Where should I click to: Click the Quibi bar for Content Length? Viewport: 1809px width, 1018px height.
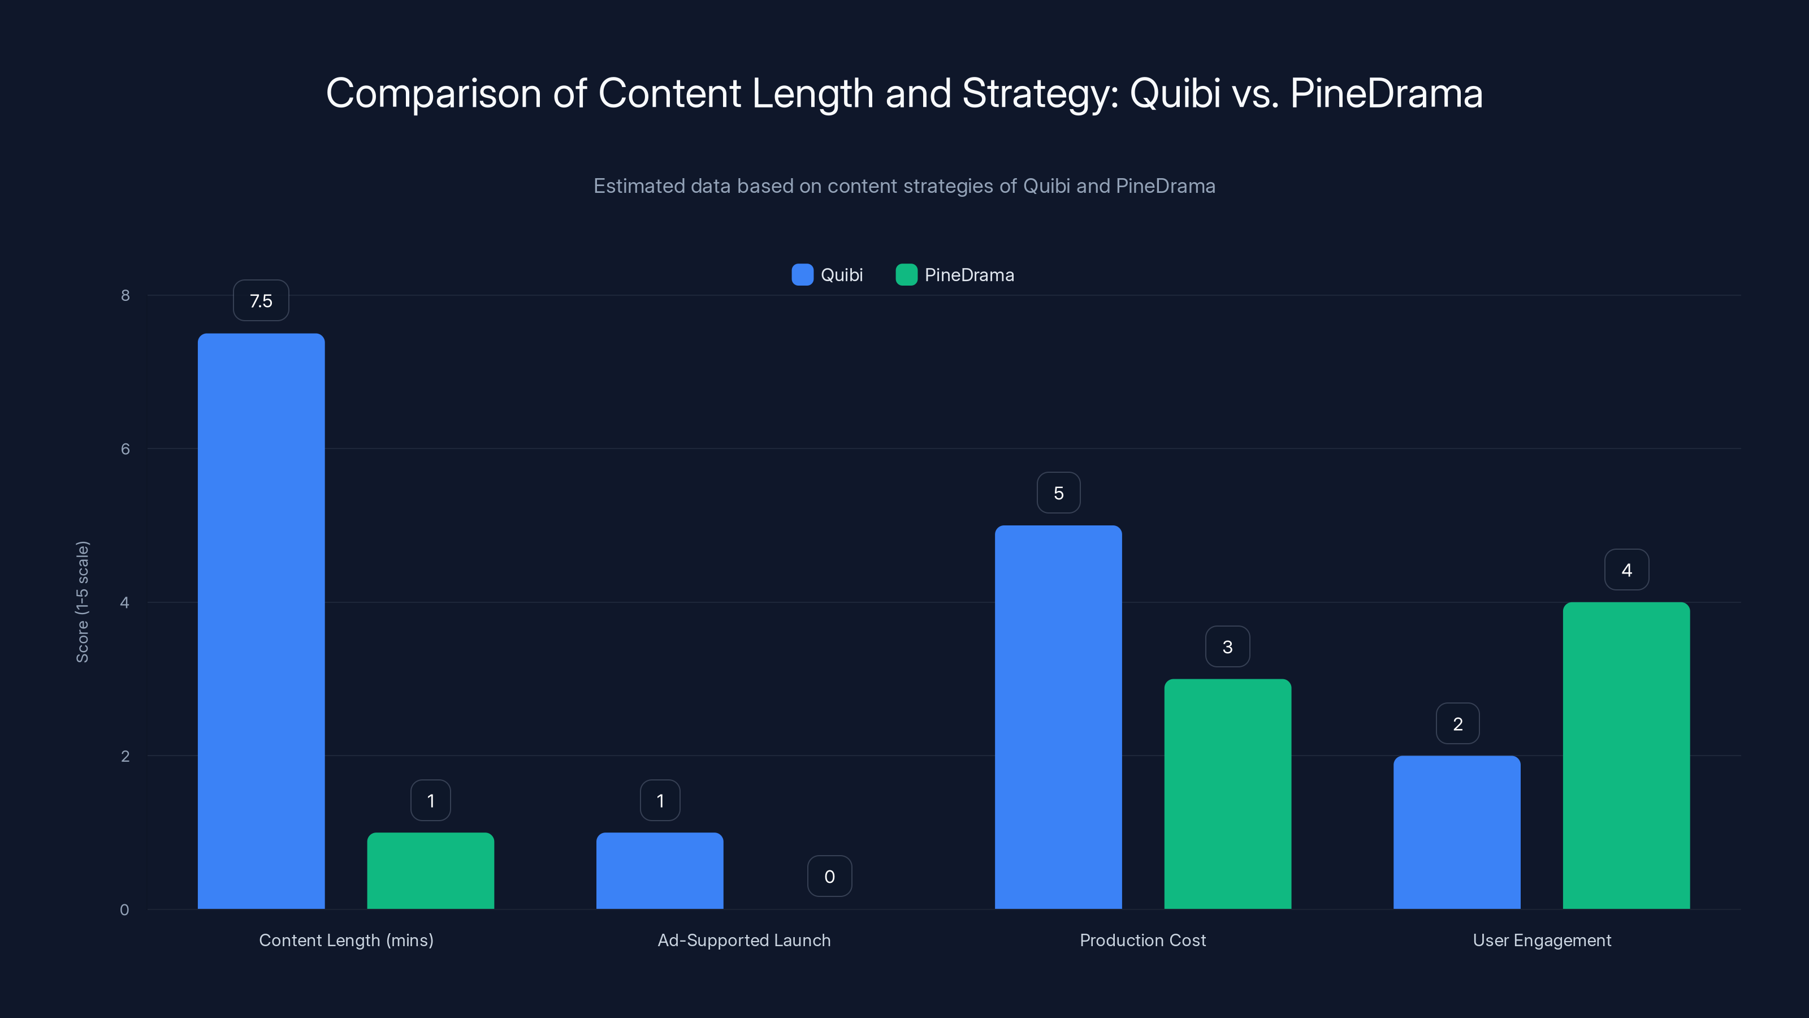coord(261,621)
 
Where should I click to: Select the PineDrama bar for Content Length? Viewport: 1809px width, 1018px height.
coord(430,870)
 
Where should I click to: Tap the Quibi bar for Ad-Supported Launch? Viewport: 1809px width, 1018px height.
coord(659,870)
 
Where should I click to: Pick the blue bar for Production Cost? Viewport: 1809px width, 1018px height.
coord(1058,717)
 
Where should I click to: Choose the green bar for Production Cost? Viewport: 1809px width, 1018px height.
coord(1227,794)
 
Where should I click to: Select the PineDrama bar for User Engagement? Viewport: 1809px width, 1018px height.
coord(1626,755)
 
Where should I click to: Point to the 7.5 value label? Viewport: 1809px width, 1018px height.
coord(261,301)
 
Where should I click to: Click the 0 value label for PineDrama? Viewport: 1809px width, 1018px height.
coord(829,876)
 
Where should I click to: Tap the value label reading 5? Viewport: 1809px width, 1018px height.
coord(1058,493)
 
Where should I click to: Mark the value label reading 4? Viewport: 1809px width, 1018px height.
coord(1626,570)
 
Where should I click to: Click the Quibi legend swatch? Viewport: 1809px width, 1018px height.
coord(802,275)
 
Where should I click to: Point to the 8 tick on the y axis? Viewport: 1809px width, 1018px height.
coord(125,295)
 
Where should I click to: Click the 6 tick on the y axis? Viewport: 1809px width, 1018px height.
coord(125,449)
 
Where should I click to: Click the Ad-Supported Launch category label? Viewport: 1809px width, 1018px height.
coord(744,940)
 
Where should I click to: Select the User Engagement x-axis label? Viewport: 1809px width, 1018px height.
coord(1542,940)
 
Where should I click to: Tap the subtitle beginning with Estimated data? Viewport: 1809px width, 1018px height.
coord(904,186)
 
